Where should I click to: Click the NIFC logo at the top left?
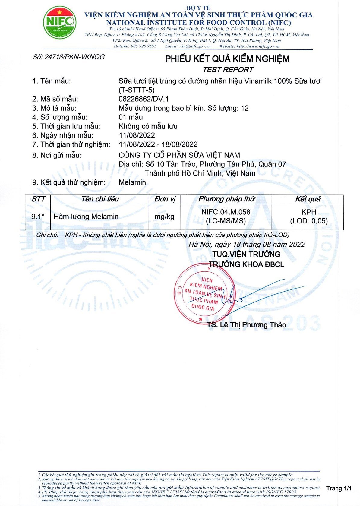tap(59, 23)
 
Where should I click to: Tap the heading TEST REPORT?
tap(228, 70)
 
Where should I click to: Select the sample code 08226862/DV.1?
tap(144, 99)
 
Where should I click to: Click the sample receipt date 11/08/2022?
tap(137, 135)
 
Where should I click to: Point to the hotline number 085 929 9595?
tap(144, 46)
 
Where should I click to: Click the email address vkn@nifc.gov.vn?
tap(195, 46)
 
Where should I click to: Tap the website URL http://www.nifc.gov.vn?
tap(258, 46)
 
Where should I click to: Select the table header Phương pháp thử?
tap(226, 199)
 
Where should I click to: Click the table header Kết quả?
tap(308, 199)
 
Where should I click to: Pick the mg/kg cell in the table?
tap(164, 217)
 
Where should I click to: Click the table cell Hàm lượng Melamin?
tap(86, 217)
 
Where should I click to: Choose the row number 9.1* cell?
tap(38, 217)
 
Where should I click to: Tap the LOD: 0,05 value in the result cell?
tap(309, 221)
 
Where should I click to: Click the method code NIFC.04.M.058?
tap(226, 212)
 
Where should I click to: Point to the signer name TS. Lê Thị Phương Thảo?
tap(246, 325)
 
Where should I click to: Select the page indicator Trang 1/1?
tap(339, 488)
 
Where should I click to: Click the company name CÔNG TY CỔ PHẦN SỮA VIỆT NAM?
tap(179, 155)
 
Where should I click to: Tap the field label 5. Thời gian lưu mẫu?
tap(66, 126)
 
